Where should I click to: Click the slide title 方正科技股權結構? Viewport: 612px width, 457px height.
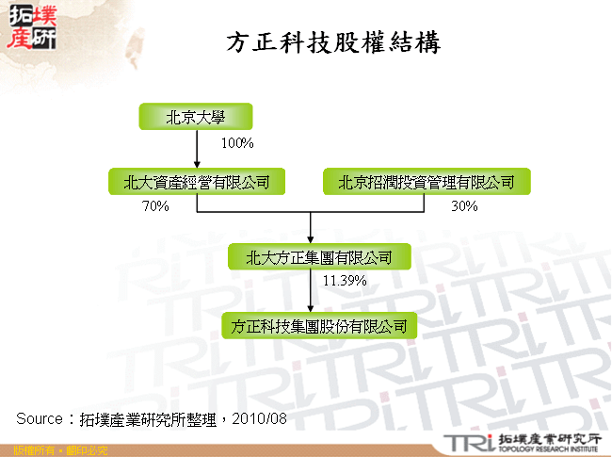pyautogui.click(x=333, y=43)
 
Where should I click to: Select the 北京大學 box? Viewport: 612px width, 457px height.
pyautogui.click(x=197, y=117)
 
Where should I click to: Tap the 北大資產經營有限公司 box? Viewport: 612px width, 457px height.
pyautogui.click(x=197, y=182)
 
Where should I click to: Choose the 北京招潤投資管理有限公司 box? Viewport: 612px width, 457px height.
pyautogui.click(x=427, y=182)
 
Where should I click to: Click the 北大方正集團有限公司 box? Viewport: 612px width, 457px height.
pyautogui.click(x=311, y=256)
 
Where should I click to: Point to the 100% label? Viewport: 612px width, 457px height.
pyautogui.click(x=237, y=144)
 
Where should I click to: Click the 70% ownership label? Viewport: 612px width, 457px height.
pyautogui.click(x=154, y=206)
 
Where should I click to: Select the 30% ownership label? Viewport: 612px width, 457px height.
pyautogui.click(x=464, y=206)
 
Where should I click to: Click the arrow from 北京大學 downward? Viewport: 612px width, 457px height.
pyautogui.click(x=197, y=148)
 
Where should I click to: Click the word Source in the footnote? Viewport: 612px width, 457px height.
pyautogui.click(x=39, y=417)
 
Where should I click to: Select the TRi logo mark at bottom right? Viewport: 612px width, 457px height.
pyautogui.click(x=468, y=442)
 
